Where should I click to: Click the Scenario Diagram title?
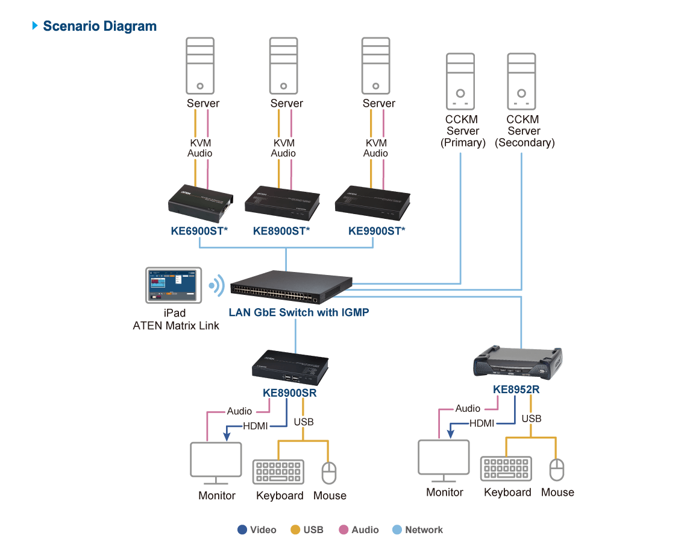click(99, 27)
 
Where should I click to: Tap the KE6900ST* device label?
click(199, 230)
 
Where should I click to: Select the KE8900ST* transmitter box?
click(282, 203)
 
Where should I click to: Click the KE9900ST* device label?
click(377, 230)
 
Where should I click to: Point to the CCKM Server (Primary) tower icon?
click(460, 81)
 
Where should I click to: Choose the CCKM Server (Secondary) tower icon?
click(521, 81)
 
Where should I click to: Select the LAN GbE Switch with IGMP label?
click(298, 312)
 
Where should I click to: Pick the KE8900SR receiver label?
click(289, 393)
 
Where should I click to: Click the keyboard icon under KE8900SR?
click(278, 472)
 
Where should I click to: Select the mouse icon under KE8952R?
click(557, 469)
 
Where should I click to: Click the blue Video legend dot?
click(242, 530)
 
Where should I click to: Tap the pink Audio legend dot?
click(343, 530)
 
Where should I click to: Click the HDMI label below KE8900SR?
click(256, 426)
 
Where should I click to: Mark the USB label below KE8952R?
click(531, 419)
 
